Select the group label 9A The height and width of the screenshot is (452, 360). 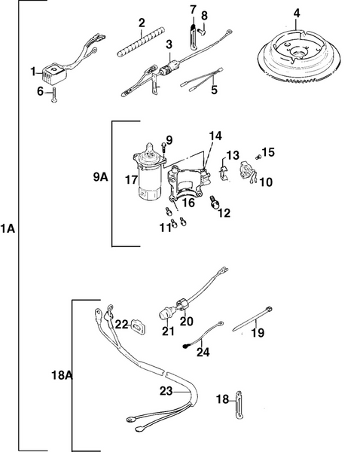tap(99, 179)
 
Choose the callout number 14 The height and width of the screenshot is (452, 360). tap(216, 136)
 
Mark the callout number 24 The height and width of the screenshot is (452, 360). tap(203, 352)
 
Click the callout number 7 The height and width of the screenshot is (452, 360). tap(192, 10)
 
